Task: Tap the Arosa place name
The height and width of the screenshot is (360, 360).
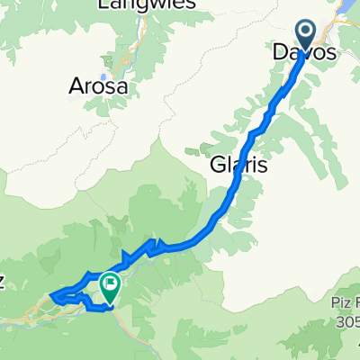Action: tap(99, 87)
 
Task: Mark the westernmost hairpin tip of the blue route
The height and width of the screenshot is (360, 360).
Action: tap(51, 293)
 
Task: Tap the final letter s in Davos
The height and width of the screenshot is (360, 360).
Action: tap(331, 54)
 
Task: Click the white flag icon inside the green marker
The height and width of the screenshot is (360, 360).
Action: tap(111, 285)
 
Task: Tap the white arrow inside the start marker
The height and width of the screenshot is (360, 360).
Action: tap(306, 34)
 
